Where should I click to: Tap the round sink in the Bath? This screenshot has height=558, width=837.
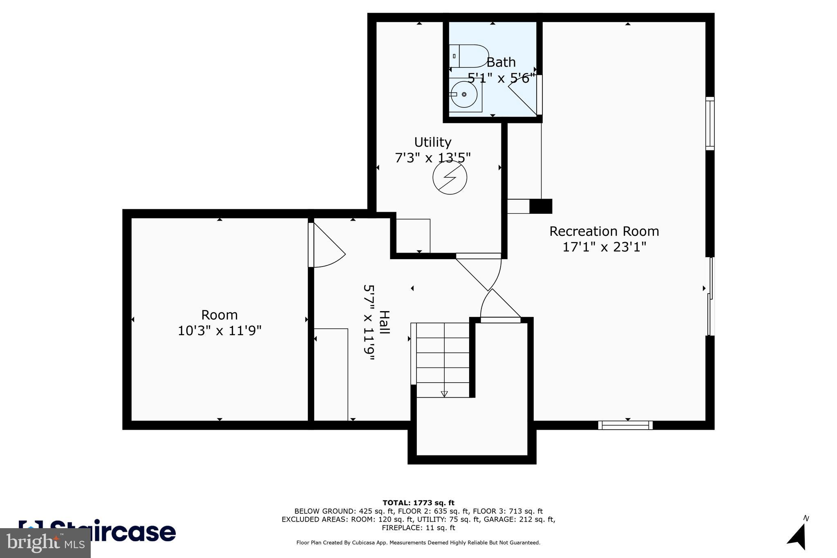tap(464, 94)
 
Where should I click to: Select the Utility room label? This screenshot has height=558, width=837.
tap(432, 142)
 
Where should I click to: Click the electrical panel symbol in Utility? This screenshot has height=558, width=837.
tap(450, 177)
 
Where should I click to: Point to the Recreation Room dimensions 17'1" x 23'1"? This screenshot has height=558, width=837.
tap(604, 247)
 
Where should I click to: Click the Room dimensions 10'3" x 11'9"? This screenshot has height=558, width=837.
tap(219, 330)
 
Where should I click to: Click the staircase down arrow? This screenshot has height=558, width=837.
tap(444, 394)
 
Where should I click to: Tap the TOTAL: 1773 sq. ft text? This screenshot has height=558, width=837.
tap(418, 503)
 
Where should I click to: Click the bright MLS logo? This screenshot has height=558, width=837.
tap(45, 543)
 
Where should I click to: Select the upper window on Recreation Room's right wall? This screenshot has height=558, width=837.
tap(710, 123)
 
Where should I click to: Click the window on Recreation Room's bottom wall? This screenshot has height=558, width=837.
tap(625, 425)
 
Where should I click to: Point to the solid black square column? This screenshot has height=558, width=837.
tap(541, 206)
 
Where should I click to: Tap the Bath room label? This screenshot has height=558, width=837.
tap(501, 63)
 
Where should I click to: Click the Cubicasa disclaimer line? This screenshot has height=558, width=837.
tap(418, 543)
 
